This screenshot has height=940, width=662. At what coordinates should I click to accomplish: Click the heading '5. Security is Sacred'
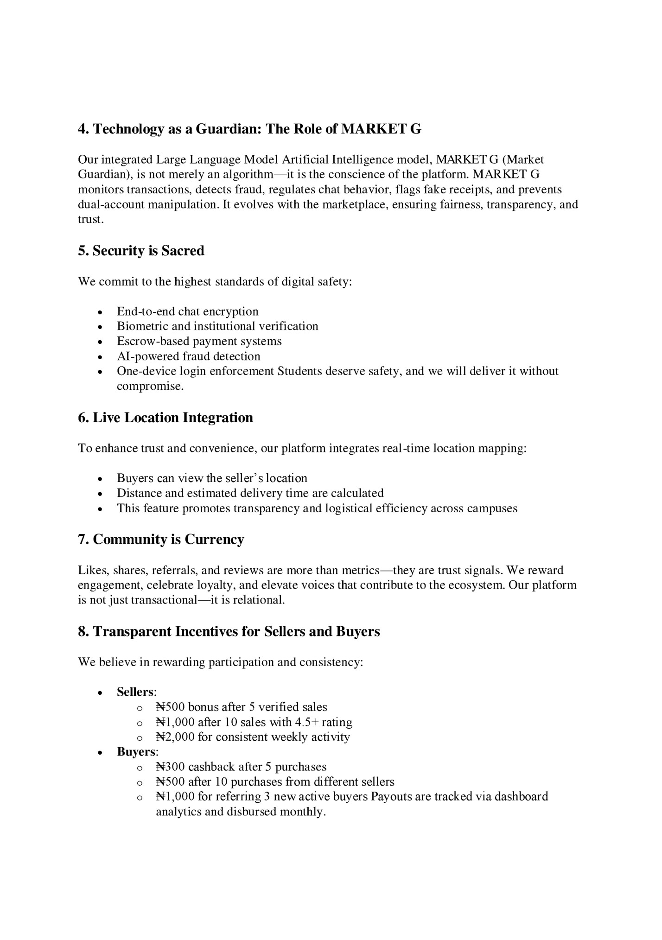coord(141,251)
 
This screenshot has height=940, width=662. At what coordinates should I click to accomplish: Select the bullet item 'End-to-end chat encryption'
coord(187,311)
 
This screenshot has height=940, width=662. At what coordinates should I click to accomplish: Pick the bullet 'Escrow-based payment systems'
coord(199,341)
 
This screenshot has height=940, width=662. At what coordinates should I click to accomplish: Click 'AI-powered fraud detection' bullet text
coord(188,356)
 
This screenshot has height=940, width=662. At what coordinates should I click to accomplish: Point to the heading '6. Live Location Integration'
coord(165,418)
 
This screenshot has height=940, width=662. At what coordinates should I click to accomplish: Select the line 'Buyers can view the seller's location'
coord(212,478)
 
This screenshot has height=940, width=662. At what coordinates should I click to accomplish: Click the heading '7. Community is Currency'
coord(161,540)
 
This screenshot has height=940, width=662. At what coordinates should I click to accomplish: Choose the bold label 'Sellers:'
coord(136,692)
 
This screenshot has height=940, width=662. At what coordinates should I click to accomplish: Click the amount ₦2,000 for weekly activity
coord(175,737)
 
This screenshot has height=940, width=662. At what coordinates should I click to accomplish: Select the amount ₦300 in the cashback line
coord(170,767)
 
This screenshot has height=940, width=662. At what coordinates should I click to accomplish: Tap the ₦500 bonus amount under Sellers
coord(170,707)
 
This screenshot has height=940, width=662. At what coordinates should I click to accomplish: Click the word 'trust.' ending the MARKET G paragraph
coord(90,219)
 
